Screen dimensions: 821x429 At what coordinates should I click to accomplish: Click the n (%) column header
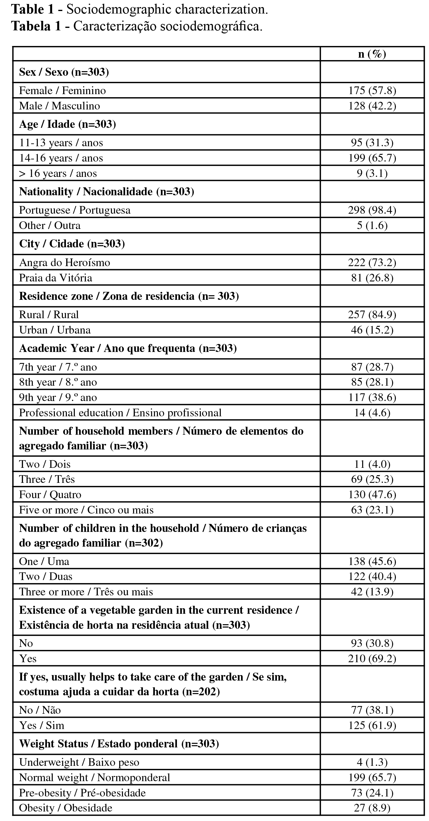(x=372, y=54)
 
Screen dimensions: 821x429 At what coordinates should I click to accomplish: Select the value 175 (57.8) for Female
(x=372, y=90)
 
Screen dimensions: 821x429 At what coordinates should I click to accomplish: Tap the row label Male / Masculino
(x=59, y=106)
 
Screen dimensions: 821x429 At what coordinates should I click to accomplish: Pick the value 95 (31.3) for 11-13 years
(x=372, y=143)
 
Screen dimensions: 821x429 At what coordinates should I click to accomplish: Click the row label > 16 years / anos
(x=58, y=174)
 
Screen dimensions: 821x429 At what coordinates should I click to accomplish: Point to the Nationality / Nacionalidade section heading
(x=106, y=192)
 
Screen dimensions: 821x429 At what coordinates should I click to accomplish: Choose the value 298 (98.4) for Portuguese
(x=372, y=210)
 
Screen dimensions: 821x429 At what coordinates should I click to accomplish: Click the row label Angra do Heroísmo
(x=64, y=263)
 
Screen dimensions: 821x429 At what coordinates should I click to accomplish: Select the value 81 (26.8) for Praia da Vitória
(x=372, y=278)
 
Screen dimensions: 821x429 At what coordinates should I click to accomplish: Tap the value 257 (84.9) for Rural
(x=372, y=315)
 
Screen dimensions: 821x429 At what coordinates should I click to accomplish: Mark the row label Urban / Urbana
(x=55, y=330)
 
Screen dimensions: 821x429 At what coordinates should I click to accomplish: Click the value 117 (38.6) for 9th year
(x=372, y=397)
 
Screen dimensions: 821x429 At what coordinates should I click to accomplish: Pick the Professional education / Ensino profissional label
(x=120, y=413)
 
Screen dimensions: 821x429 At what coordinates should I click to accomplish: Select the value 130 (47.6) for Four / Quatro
(x=372, y=495)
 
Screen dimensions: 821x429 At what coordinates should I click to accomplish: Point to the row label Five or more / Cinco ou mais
(x=86, y=510)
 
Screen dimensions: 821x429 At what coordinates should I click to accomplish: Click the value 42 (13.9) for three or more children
(x=372, y=592)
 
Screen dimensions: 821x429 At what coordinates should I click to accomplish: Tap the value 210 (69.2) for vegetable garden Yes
(x=372, y=659)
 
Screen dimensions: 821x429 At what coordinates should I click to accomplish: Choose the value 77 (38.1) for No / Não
(x=372, y=710)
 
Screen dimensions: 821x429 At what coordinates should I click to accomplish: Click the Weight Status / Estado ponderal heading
(x=119, y=744)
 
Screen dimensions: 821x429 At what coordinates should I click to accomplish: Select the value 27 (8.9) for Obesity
(x=372, y=808)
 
